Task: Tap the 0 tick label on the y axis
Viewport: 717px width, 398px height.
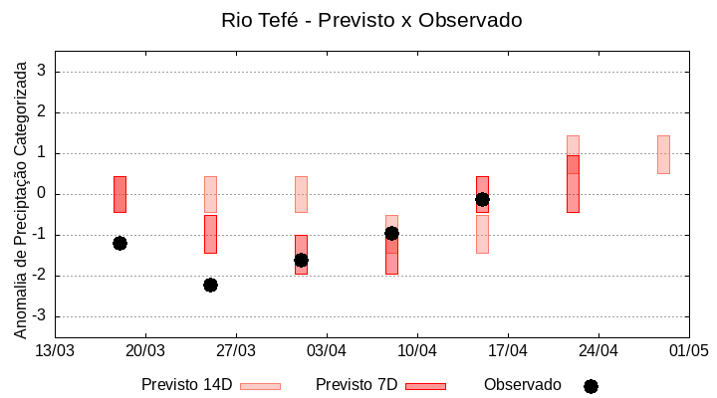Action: pyautogui.click(x=42, y=194)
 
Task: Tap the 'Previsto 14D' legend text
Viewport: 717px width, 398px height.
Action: pyautogui.click(x=186, y=385)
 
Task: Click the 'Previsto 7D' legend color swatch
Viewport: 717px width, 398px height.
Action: pyautogui.click(x=425, y=386)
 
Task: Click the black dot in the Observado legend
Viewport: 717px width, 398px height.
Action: pyautogui.click(x=591, y=386)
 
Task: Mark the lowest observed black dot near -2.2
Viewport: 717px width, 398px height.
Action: pyautogui.click(x=210, y=285)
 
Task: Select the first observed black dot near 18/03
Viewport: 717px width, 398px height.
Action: pyautogui.click(x=119, y=243)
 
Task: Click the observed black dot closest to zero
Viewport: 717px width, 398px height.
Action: pyautogui.click(x=482, y=199)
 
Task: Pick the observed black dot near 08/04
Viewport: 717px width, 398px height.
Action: pyautogui.click(x=391, y=233)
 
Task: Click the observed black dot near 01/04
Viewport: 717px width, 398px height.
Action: pyautogui.click(x=301, y=260)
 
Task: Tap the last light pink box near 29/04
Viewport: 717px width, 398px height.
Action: pyautogui.click(x=663, y=154)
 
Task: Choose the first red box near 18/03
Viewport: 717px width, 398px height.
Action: pyautogui.click(x=119, y=194)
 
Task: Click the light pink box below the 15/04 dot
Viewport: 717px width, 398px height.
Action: pyautogui.click(x=482, y=234)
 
